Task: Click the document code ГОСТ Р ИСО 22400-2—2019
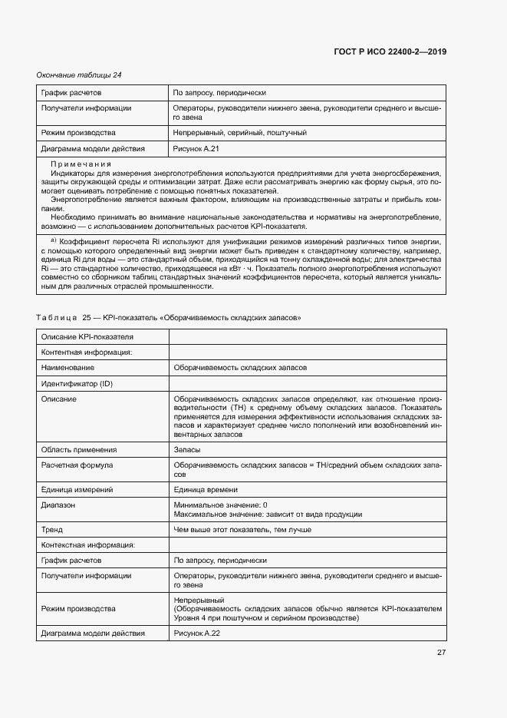pyautogui.click(x=390, y=51)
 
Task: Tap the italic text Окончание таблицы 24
pyautogui.click(x=79, y=74)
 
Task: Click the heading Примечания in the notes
pyautogui.click(x=81, y=165)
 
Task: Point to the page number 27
pyautogui.click(x=441, y=653)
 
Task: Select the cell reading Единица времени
pyautogui.click(x=206, y=490)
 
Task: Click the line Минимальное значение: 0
pyautogui.click(x=220, y=505)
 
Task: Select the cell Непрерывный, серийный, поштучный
pyautogui.click(x=239, y=133)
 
